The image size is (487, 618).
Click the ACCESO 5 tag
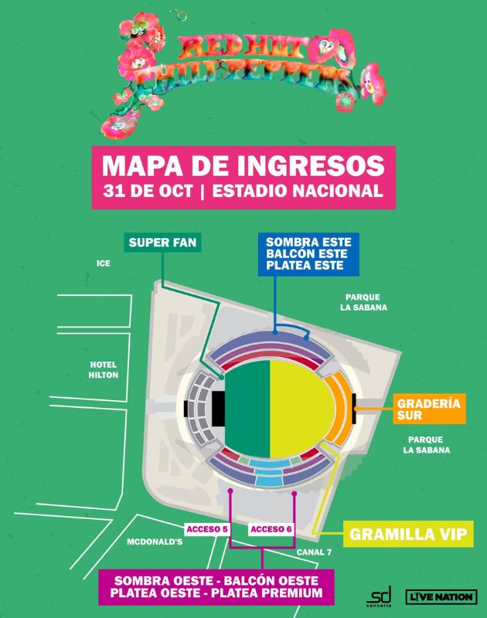(206, 528)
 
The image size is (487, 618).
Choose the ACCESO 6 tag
(271, 528)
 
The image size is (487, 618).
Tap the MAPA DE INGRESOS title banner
(243, 177)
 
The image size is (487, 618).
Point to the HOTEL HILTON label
(103, 368)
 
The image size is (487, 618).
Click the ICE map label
(103, 263)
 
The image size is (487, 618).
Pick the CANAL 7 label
(314, 552)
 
